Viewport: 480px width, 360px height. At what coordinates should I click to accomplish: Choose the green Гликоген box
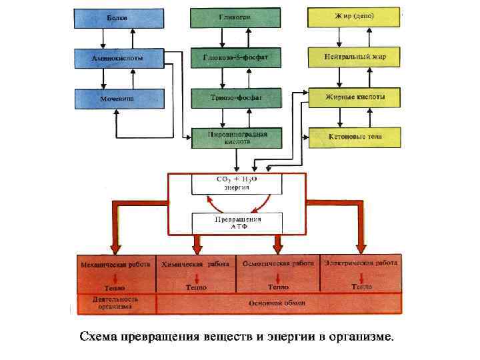point(236,18)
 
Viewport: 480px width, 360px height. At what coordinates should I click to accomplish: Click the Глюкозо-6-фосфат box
point(236,58)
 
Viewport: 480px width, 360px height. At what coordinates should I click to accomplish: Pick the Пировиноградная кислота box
point(236,137)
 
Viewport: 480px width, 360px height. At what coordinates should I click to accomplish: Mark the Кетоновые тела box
point(354,137)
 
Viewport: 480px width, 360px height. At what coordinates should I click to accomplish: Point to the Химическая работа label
point(195,264)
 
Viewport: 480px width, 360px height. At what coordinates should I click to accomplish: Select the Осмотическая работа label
point(279,264)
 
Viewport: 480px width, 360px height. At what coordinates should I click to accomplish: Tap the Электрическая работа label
point(361,263)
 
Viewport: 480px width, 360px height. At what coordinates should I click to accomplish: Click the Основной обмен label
point(279,303)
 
